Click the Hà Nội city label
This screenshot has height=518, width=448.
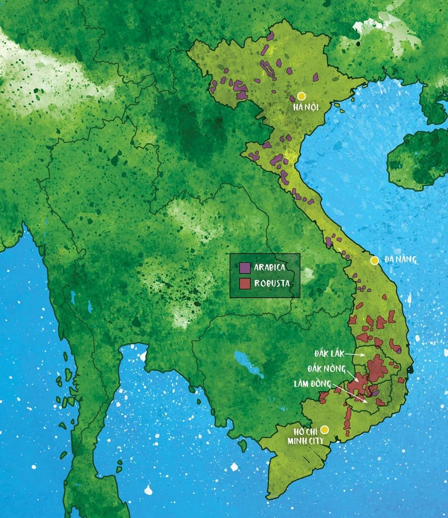(x=305, y=107)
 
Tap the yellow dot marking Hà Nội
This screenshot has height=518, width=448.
(x=302, y=96)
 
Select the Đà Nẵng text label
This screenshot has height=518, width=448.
(x=401, y=260)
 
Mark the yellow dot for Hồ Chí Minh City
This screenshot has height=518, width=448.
(x=325, y=430)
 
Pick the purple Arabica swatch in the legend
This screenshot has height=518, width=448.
(x=245, y=268)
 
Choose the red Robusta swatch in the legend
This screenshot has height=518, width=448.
(x=245, y=283)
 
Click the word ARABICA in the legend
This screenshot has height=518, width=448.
(x=270, y=268)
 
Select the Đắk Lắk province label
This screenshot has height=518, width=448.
(x=329, y=354)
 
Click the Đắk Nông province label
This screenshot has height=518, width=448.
(x=326, y=369)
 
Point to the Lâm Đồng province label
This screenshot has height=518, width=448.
(x=313, y=384)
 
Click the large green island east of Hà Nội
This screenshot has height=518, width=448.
(x=417, y=159)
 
